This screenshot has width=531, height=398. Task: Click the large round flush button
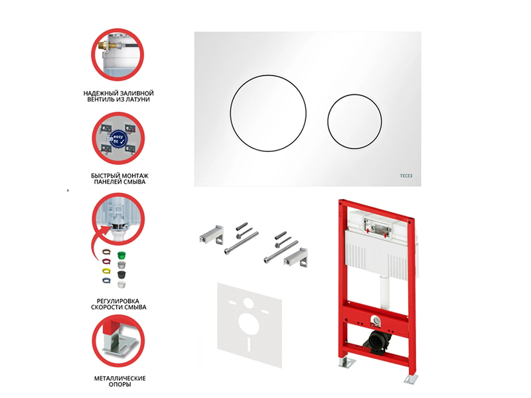pyautogui.click(x=268, y=113)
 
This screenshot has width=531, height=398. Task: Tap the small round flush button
pyautogui.click(x=354, y=121)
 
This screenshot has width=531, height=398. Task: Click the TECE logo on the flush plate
pyautogui.click(x=406, y=176)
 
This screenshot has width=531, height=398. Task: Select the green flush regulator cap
pyautogui.click(x=121, y=255)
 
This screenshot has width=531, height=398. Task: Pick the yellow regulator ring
pyautogui.click(x=106, y=271)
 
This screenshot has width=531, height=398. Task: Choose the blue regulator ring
pyautogui.click(x=106, y=280)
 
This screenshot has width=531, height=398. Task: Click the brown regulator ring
pyautogui.click(x=106, y=252)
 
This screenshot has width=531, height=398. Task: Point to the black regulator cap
pyautogui.click(x=121, y=275)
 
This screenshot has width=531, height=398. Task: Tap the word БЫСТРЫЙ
pyautogui.click(x=106, y=176)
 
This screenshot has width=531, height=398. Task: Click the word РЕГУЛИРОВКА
pyautogui.click(x=118, y=301)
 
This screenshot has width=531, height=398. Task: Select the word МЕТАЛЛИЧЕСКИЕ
pyautogui.click(x=120, y=378)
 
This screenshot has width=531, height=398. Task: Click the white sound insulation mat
pyautogui.click(x=250, y=325)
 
